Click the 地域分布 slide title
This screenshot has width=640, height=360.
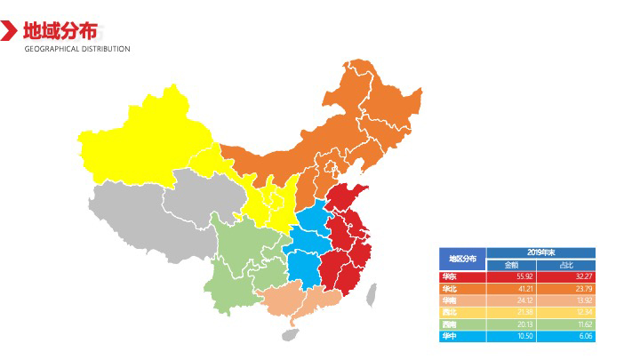[x=60, y=30]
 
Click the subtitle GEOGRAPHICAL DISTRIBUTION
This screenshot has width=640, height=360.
[x=77, y=49]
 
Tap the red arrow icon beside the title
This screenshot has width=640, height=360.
[x=9, y=31]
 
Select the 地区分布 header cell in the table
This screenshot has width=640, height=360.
[x=461, y=259]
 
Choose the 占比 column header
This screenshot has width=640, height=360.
[x=566, y=265]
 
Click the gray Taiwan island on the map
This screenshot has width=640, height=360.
[x=372, y=292]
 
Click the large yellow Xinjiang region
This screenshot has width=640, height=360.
[x=142, y=133]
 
